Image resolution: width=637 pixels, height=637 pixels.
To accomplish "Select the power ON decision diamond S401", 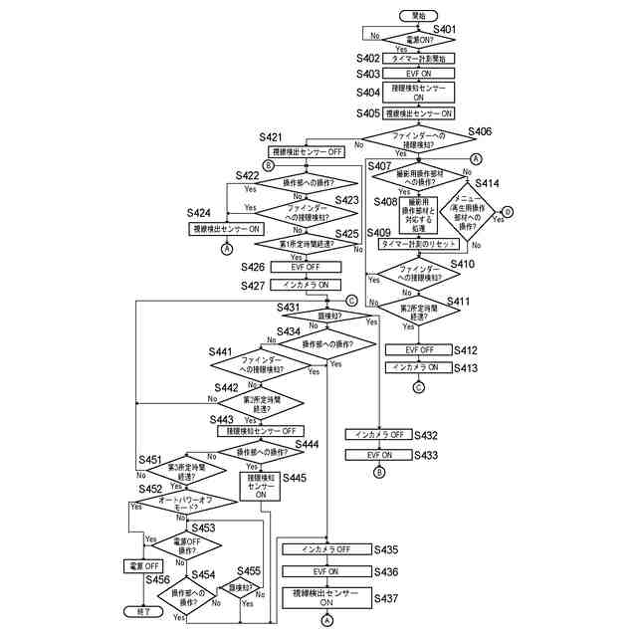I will pyautogui.click(x=419, y=39).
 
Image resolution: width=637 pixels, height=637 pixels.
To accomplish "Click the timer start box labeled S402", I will pyautogui.click(x=419, y=59).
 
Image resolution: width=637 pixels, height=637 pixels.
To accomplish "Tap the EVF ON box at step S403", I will pyautogui.click(x=419, y=74).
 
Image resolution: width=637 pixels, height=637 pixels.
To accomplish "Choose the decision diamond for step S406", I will pyautogui.click(x=419, y=140).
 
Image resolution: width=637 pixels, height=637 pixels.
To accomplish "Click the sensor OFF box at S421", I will pyautogui.click(x=307, y=151).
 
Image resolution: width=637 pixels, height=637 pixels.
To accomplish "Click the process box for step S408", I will pyautogui.click(x=418, y=211).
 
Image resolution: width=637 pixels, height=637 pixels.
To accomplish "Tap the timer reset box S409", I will pyautogui.click(x=419, y=244).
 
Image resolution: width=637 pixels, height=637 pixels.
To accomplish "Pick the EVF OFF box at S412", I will pyautogui.click(x=419, y=350).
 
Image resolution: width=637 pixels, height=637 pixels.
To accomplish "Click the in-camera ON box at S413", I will pyautogui.click(x=419, y=367).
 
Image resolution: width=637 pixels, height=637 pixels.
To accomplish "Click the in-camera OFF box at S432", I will pyautogui.click(x=379, y=435).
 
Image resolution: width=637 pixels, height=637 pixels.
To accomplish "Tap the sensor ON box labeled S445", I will pyautogui.click(x=261, y=485).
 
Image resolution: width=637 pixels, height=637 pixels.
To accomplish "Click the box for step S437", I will pyautogui.click(x=326, y=597).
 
